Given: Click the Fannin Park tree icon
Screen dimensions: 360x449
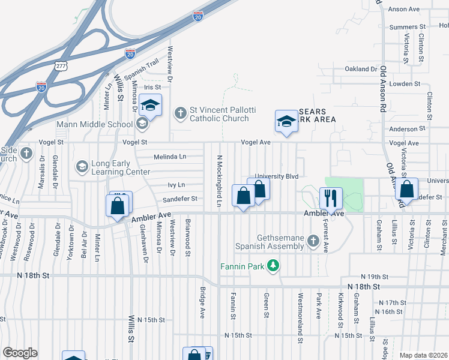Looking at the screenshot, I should (273, 265).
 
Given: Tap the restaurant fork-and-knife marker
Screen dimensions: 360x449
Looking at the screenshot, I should (330, 196).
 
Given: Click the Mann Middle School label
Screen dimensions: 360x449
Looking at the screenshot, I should (94, 125).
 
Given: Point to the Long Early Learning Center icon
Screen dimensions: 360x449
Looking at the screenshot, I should (82, 165).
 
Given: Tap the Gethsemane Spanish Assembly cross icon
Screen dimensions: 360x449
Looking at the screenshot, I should (312, 241).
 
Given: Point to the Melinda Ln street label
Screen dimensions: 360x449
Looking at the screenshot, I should (170, 157).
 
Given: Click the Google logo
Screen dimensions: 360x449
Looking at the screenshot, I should (20, 353).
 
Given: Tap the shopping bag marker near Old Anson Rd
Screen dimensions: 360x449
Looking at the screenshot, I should (406, 190).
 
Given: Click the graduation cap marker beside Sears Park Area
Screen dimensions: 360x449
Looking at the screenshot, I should (286, 121).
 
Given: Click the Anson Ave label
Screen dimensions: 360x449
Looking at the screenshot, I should (421, 10).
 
